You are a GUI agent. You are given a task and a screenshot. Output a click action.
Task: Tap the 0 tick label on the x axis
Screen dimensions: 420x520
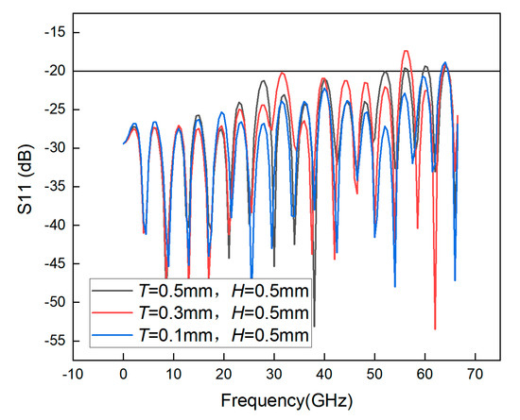(123, 374)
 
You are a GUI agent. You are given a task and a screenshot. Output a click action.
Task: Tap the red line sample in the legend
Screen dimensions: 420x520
(113, 311)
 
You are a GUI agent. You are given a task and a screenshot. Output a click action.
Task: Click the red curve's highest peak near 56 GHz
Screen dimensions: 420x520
(407, 51)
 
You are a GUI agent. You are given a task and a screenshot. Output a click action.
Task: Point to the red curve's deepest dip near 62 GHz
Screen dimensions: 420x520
(435, 328)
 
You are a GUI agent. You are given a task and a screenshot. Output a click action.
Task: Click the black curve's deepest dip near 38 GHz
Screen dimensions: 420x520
(314, 325)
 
